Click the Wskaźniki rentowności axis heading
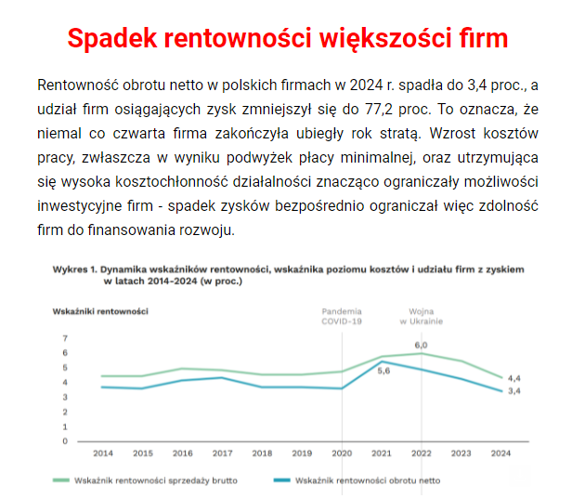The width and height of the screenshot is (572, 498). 99,309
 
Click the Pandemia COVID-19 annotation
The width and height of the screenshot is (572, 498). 342,315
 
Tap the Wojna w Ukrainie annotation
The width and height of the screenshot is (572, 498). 422,315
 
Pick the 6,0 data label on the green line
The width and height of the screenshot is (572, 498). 421,345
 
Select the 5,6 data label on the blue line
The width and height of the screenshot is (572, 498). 383,370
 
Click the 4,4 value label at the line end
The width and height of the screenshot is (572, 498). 513,378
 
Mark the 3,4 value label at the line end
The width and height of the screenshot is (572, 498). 513,391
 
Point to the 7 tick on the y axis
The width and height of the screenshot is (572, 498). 65,338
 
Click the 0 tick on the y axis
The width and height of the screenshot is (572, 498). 65,441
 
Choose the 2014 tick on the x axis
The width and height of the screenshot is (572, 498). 102,453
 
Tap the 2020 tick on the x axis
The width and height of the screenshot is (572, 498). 342,453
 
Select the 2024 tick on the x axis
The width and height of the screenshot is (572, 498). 501,453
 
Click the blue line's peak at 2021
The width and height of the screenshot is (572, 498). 382,360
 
